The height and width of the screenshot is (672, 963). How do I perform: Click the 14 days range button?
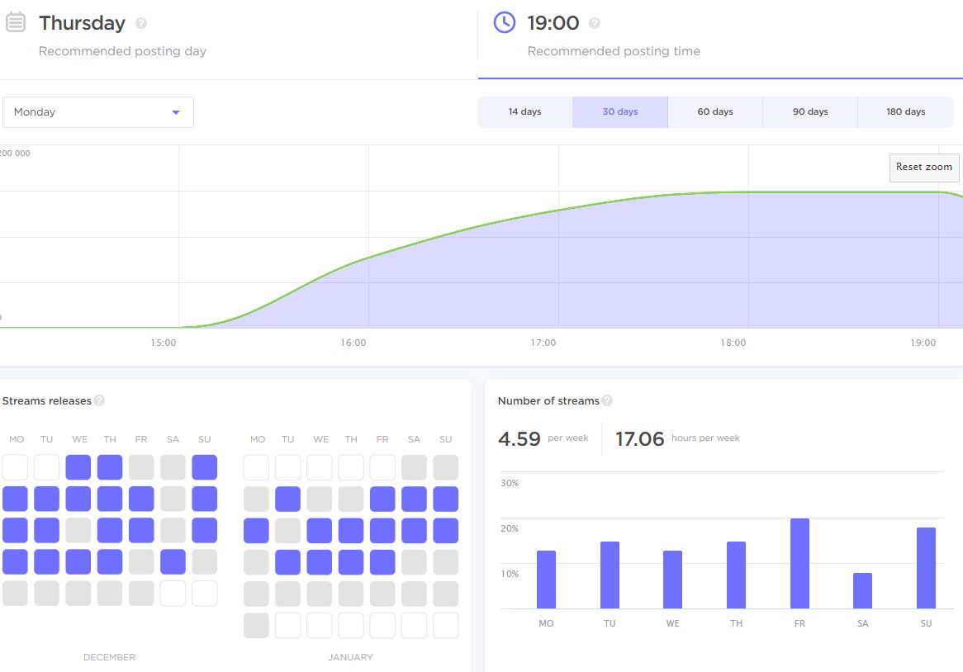click(x=525, y=112)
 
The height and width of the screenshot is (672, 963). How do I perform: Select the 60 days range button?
click(x=715, y=112)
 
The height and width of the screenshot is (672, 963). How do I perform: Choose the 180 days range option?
click(x=906, y=112)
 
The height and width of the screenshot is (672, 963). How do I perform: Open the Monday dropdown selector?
click(x=98, y=112)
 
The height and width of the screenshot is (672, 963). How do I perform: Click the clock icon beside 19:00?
click(x=505, y=22)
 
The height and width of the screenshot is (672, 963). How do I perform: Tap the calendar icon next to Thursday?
click(x=15, y=22)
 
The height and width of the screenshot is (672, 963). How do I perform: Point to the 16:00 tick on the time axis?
click(x=353, y=343)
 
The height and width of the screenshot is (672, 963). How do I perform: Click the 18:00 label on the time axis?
click(x=733, y=343)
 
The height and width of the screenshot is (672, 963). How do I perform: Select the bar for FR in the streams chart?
click(x=799, y=564)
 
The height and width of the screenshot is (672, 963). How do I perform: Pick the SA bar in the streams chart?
click(x=862, y=591)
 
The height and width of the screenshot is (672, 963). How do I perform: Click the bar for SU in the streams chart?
click(x=926, y=568)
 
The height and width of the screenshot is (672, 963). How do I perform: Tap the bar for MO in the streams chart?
click(x=546, y=580)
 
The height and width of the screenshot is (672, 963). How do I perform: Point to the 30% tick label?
click(x=510, y=483)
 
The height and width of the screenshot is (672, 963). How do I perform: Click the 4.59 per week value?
click(x=519, y=439)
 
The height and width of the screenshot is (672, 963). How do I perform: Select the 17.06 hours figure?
click(x=640, y=439)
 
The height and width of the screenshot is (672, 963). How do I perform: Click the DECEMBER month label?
click(x=109, y=657)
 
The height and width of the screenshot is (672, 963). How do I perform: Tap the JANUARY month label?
click(x=350, y=657)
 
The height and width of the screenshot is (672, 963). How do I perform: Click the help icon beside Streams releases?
click(x=99, y=401)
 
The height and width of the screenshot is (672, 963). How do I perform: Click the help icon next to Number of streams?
click(x=607, y=401)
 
